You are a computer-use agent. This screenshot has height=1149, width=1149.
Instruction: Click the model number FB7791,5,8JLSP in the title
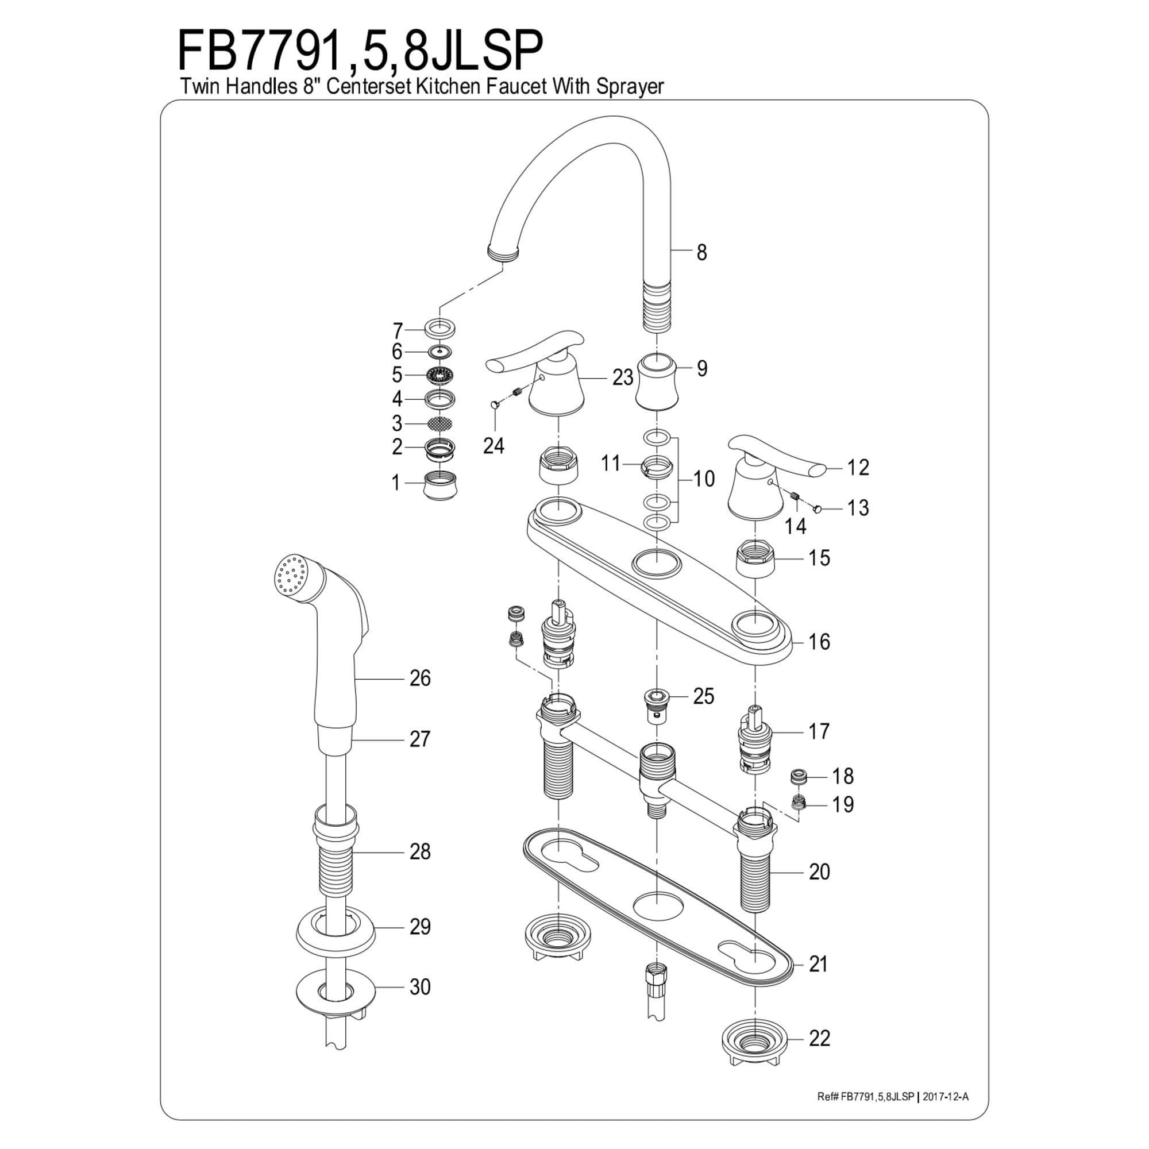360,52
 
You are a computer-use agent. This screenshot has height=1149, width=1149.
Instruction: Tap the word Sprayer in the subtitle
628,87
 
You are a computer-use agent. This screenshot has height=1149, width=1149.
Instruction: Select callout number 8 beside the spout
702,252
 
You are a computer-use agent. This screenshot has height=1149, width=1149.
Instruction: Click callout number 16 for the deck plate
819,642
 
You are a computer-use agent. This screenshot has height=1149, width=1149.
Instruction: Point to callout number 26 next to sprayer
420,678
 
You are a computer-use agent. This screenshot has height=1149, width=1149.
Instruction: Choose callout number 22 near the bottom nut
819,1038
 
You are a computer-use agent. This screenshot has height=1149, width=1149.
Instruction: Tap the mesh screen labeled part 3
439,423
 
